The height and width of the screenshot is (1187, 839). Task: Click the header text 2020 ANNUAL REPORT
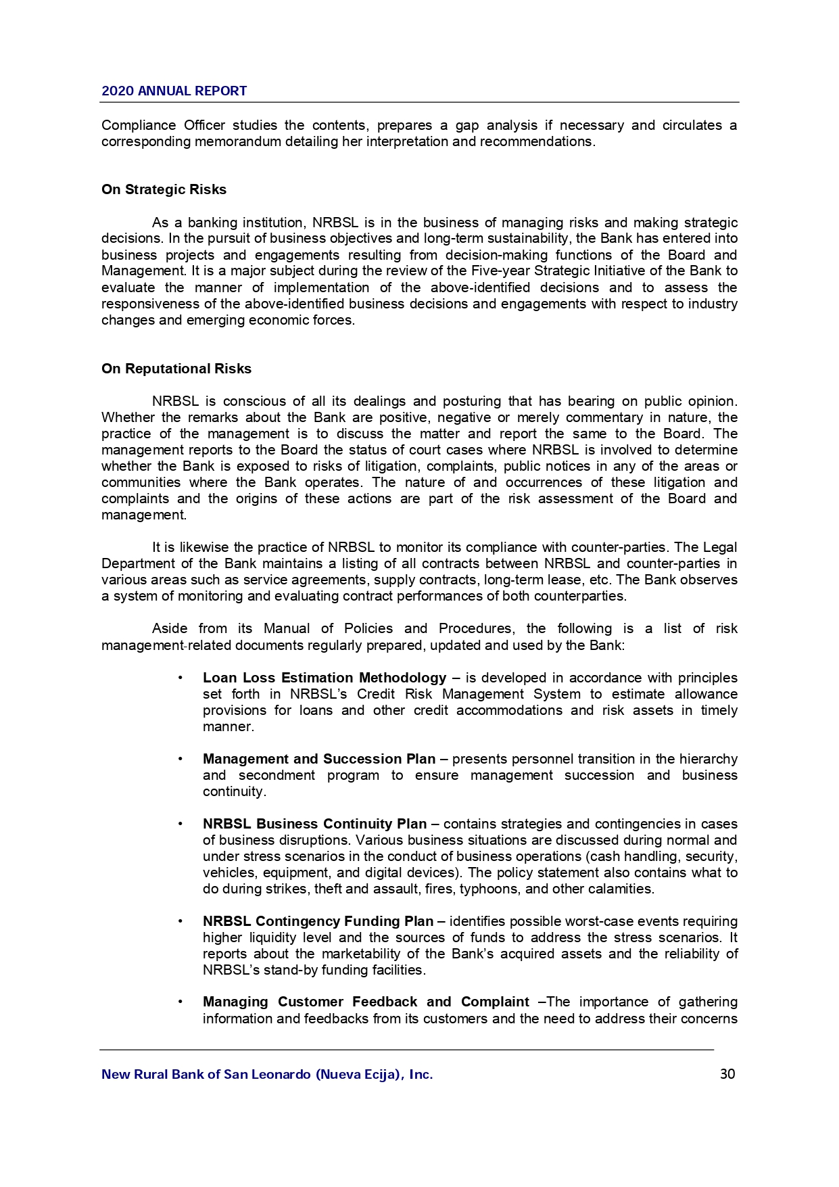174,91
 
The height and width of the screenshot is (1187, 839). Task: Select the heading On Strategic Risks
164,190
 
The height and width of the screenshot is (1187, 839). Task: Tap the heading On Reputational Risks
176,369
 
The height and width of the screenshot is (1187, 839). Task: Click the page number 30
727,1074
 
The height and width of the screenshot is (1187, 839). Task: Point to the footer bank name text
267,1074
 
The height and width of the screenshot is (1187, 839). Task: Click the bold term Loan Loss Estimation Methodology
325,678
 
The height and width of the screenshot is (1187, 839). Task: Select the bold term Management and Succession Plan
319,759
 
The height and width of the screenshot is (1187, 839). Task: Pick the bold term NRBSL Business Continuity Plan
314,824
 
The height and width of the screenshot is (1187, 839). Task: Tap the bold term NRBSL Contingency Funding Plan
318,921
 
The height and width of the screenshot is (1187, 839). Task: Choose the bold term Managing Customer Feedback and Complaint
366,1002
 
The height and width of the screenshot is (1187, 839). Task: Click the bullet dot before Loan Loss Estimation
181,678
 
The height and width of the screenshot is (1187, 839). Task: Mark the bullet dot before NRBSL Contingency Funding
181,921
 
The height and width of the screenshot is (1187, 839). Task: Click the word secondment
277,775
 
